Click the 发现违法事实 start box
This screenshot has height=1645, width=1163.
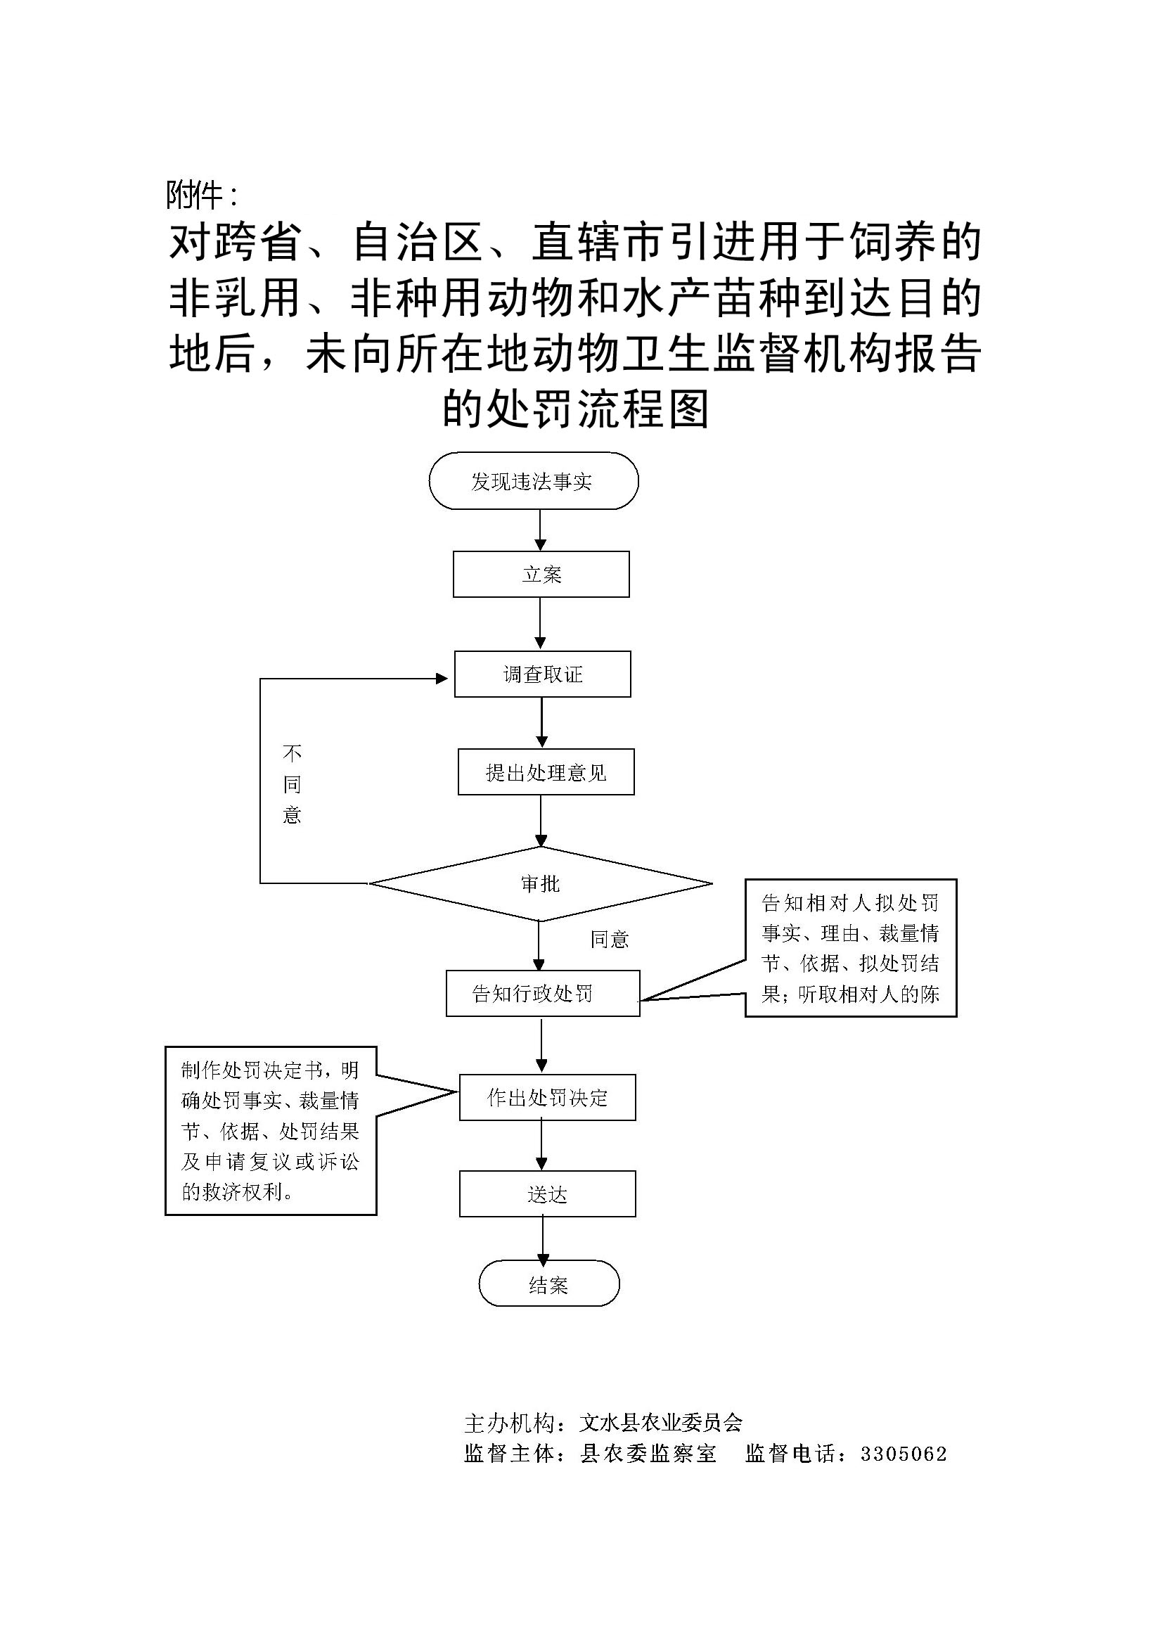[533, 481]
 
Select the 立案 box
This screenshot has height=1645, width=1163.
[541, 574]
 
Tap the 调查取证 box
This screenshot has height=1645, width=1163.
[542, 674]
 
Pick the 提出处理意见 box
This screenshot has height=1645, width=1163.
[546, 772]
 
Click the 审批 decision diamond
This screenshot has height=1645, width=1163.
[540, 883]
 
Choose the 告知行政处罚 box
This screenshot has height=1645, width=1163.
[542, 993]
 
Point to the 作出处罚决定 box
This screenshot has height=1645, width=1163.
[547, 1097]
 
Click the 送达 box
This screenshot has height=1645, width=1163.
[547, 1194]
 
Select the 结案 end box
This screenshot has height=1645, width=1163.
[548, 1286]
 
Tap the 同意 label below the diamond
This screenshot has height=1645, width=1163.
[610, 940]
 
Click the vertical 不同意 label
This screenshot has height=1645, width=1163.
[292, 783]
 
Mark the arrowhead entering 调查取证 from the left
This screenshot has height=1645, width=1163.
[442, 678]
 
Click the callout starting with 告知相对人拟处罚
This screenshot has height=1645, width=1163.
[850, 948]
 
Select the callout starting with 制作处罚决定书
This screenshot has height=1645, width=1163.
[271, 1131]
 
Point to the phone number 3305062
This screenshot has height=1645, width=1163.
[904, 1454]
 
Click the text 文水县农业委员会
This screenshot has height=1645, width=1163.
[661, 1422]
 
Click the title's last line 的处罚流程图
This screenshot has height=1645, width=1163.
[576, 409]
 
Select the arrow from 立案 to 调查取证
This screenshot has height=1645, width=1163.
[540, 623]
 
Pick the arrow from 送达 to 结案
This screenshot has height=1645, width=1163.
[543, 1238]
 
